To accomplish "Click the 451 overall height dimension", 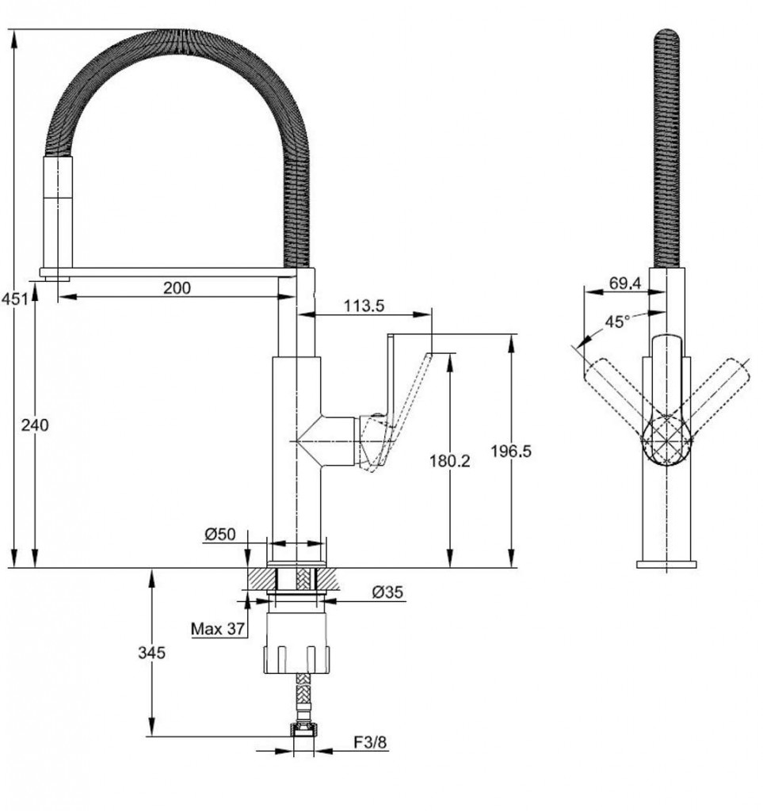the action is click(14, 299).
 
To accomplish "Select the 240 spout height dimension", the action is click(35, 425).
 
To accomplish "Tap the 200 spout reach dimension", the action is click(177, 287).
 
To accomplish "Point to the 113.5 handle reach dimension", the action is click(364, 306).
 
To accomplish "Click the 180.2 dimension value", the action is click(450, 460).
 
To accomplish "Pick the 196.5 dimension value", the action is click(511, 451).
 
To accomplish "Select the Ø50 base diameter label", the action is click(219, 534).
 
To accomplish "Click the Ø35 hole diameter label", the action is click(387, 592).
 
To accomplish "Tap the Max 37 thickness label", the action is click(218, 629).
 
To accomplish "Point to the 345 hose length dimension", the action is click(151, 653).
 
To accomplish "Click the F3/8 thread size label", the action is click(370, 743).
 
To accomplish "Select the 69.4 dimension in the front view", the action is click(625, 283).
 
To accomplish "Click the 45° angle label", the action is click(618, 322).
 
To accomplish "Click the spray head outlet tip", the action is click(57, 279).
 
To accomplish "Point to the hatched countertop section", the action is click(293, 578).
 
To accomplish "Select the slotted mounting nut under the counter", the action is click(296, 643).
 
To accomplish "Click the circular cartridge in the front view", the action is click(667, 441).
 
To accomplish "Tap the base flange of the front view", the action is click(666, 564).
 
